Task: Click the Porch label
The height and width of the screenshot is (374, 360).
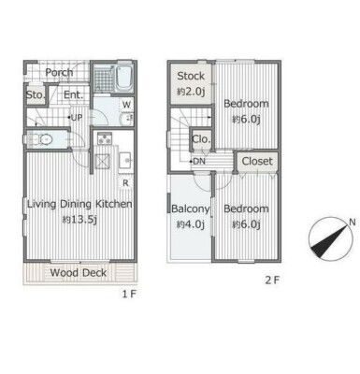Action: click(59, 73)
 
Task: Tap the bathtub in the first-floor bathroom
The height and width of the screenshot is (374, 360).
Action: click(123, 79)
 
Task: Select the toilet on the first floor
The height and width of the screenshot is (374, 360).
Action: click(42, 139)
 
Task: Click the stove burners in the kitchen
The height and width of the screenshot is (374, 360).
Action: click(105, 138)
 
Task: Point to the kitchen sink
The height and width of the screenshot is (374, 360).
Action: click(126, 161)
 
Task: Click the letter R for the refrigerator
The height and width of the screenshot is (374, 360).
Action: click(125, 183)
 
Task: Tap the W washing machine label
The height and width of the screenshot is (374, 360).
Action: click(126, 105)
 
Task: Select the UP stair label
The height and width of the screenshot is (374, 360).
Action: click(77, 118)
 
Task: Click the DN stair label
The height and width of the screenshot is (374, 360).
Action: click(199, 162)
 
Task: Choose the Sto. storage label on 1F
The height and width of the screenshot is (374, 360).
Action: click(36, 94)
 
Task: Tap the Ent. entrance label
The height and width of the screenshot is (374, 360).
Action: click(74, 94)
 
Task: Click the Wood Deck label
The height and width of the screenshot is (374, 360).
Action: click(79, 273)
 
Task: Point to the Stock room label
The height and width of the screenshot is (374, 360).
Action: click(191, 76)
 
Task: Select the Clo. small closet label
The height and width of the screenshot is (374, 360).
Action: click(201, 139)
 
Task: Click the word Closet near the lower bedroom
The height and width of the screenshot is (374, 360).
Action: click(257, 161)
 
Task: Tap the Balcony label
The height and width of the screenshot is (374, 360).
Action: click(191, 209)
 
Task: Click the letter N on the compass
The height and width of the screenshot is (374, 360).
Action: click(353, 223)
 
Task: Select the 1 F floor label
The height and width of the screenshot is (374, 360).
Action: click(129, 294)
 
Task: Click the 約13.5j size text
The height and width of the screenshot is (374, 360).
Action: click(79, 220)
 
